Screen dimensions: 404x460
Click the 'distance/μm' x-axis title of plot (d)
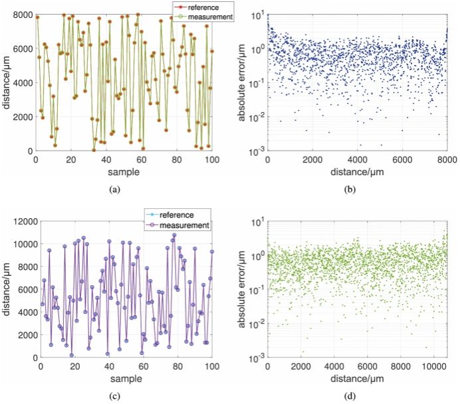(x=358, y=379)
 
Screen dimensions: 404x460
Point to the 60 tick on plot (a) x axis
(x=142, y=160)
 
